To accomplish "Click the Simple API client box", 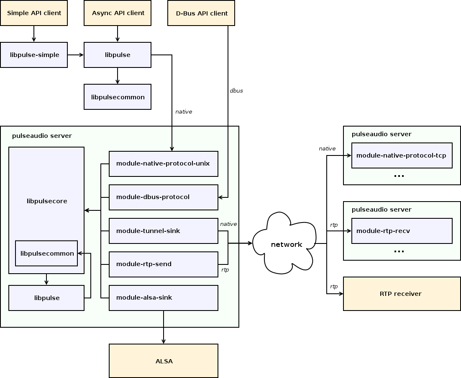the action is [x=34, y=13].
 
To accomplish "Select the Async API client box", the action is [x=118, y=13].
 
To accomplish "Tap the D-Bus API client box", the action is [x=201, y=13].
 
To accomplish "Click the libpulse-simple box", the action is [x=34, y=55].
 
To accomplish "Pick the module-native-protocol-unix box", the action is [x=164, y=164].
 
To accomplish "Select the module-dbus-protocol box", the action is [x=164, y=197].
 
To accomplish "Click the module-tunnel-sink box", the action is [x=164, y=231].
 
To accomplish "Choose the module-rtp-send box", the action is [x=164, y=264].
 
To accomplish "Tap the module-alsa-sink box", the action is [x=164, y=298].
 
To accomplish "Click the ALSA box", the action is [x=164, y=361].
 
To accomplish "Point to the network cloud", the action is [x=284, y=243].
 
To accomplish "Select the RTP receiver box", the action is [x=402, y=294].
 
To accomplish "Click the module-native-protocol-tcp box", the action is [x=402, y=155].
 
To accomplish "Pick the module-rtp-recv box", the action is [x=402, y=231].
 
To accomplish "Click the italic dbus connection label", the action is [x=236, y=91].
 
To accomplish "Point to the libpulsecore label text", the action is [x=47, y=201].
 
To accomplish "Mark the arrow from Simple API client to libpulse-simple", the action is [x=34, y=34].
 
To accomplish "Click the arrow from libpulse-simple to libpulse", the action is [x=76, y=55].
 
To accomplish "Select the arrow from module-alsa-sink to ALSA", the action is [x=164, y=327].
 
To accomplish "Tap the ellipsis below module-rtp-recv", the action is [x=399, y=251].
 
